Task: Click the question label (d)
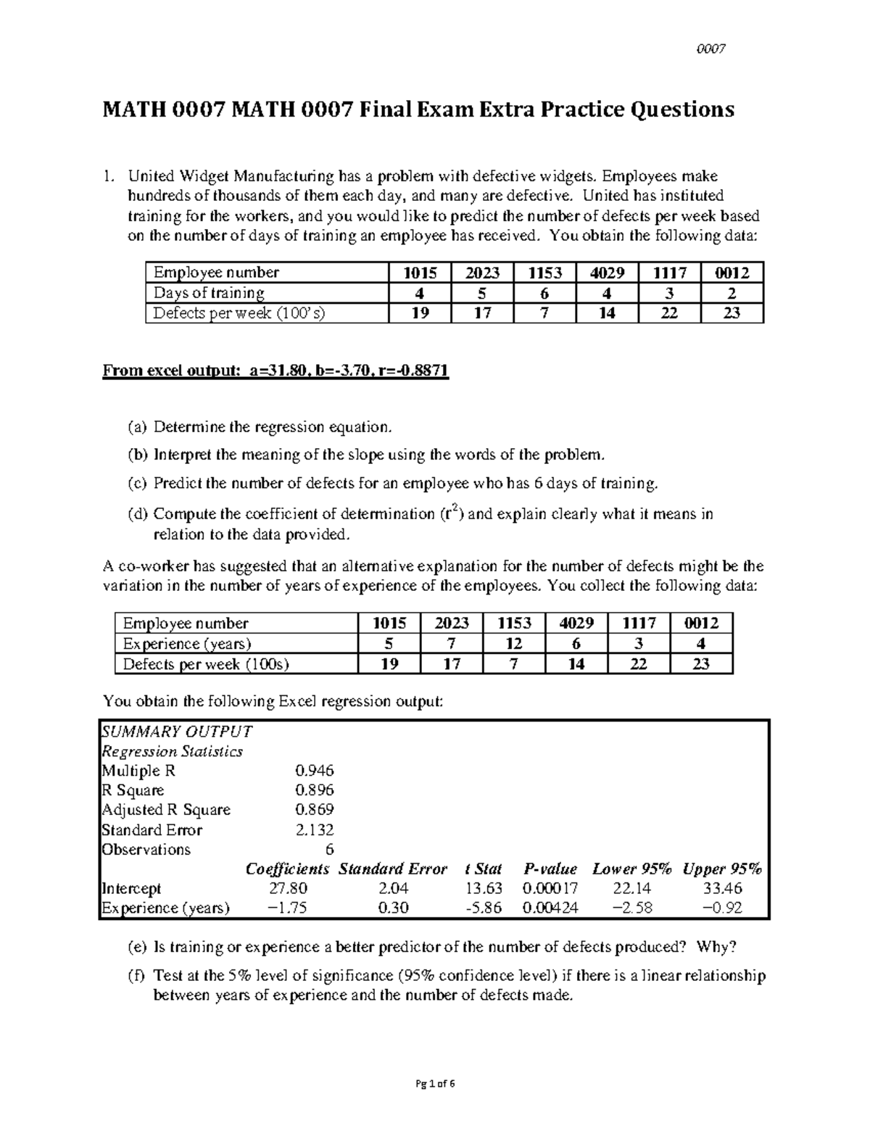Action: point(137,514)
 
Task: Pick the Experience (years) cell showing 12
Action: point(513,644)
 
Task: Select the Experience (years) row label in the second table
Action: point(187,644)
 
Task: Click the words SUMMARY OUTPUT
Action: point(176,731)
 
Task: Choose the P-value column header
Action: point(550,869)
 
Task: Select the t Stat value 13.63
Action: point(484,888)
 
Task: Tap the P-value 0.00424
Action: point(550,908)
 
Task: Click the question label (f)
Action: point(137,976)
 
